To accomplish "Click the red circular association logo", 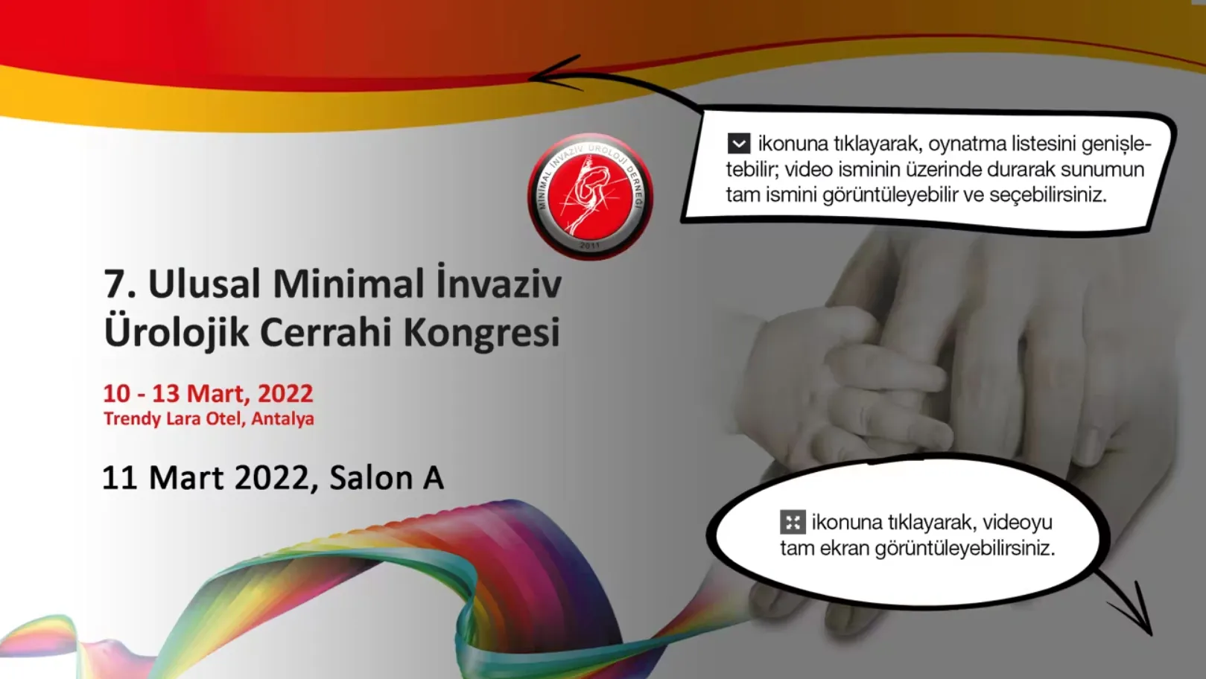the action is pos(590,197).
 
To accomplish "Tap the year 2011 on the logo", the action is pos(589,246).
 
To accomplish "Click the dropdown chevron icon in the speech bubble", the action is pos(739,144).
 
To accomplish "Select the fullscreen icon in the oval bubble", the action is pos(793,522).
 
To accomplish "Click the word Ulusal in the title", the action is pos(205,284).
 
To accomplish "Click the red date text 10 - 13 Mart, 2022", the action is pos(208,393).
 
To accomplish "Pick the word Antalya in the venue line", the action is pos(282,418).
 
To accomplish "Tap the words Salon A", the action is pos(387,477).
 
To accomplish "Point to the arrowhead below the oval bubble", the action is pos(1136,613).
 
